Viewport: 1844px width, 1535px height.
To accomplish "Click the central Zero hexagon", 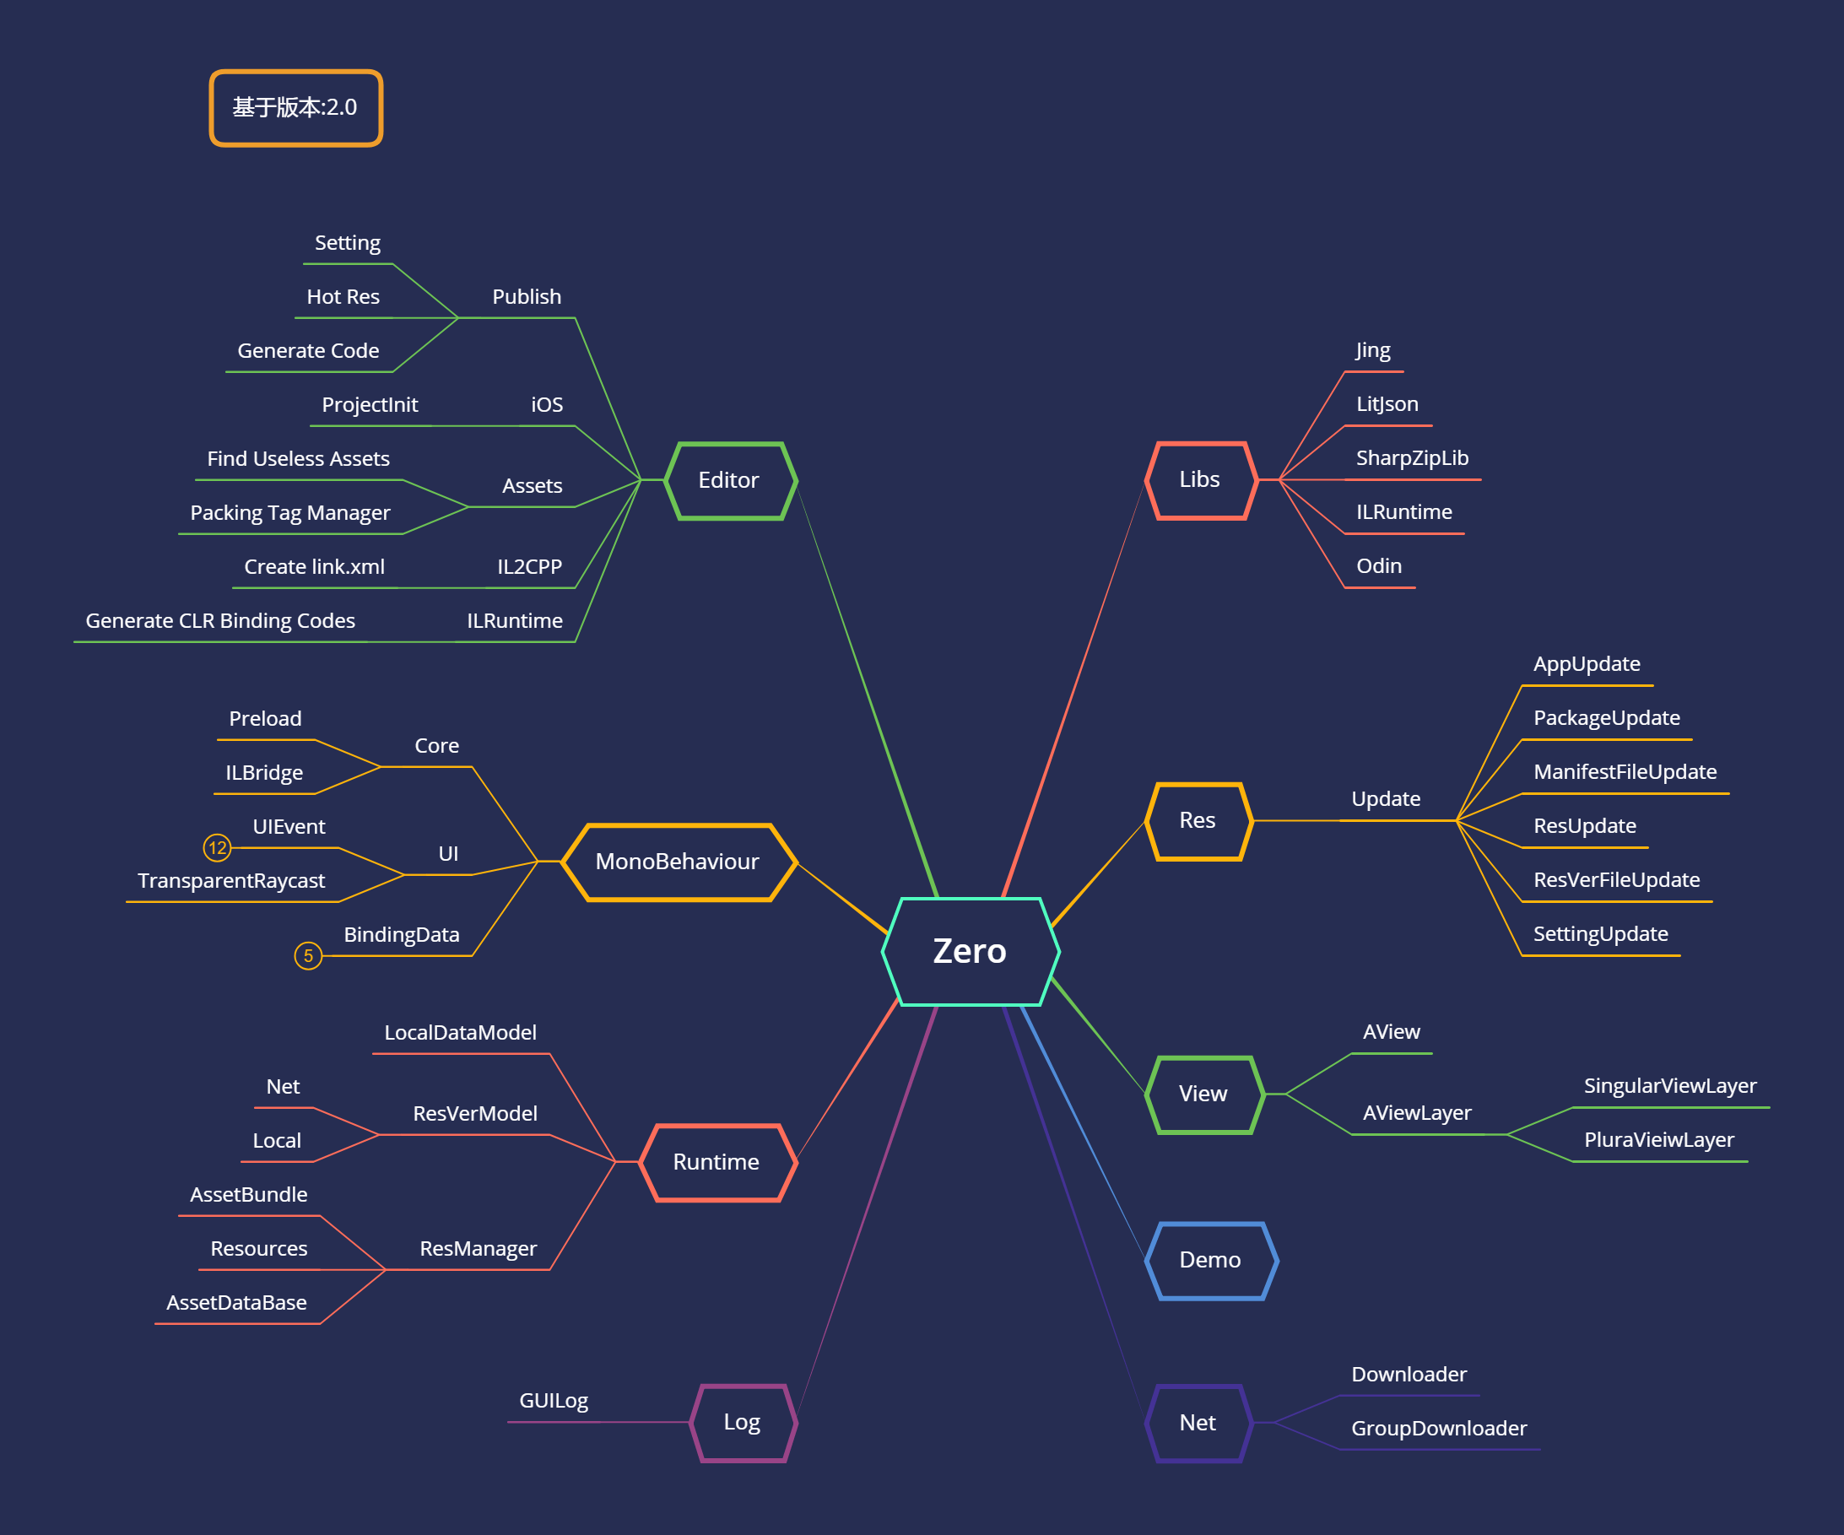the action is [970, 951].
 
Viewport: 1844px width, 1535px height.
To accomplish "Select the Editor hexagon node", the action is [730, 480].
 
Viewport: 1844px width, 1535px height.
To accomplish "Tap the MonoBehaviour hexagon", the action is [677, 862].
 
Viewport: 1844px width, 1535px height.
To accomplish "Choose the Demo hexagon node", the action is [1210, 1260].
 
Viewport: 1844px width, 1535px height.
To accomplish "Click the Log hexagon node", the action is [742, 1422].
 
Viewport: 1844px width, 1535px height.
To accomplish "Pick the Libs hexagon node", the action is [1199, 479].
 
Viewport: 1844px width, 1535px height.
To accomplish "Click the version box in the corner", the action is [295, 107].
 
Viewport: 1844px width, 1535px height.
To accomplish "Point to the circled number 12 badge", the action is [217, 847].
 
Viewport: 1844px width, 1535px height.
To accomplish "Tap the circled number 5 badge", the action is [308, 955].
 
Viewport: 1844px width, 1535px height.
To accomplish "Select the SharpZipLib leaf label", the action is [1412, 458].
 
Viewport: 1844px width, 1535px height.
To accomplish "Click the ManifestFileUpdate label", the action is [1625, 772].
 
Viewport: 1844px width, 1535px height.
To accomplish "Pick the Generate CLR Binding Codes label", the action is [220, 621].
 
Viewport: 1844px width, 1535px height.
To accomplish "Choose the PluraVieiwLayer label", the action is [1658, 1140].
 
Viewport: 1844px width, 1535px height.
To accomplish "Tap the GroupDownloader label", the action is [1438, 1429].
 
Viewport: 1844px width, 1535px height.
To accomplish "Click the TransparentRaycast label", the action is [231, 881].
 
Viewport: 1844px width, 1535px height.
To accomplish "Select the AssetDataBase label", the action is [236, 1303].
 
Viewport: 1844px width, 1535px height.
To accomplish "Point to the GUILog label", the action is [554, 1401].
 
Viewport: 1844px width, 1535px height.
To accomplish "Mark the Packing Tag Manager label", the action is [289, 513].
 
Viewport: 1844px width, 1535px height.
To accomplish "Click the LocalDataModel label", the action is [460, 1033].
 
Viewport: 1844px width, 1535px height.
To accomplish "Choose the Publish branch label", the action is [526, 297].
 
